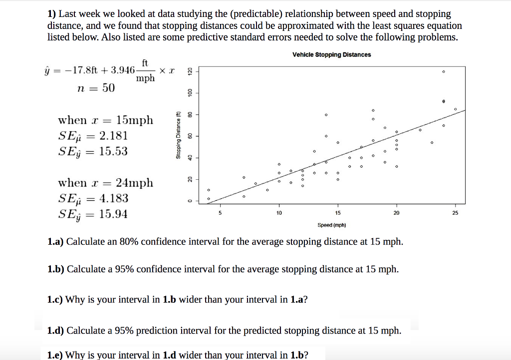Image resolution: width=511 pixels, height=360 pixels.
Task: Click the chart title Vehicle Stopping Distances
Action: click(331, 54)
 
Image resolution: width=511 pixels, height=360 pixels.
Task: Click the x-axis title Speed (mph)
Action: click(331, 225)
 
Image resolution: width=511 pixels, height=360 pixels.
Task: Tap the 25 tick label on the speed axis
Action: click(455, 213)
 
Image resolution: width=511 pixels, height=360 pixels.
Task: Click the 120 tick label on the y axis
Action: click(190, 71)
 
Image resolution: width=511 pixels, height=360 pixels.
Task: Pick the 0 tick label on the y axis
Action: click(190, 201)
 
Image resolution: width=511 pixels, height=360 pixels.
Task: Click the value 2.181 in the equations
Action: click(113, 135)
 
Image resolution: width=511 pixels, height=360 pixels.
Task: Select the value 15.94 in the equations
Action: click(113, 214)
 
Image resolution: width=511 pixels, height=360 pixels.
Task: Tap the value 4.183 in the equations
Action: click(114, 198)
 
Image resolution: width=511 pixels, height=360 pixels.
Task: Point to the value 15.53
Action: click(113, 151)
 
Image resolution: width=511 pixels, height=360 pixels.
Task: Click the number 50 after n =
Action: click(108, 88)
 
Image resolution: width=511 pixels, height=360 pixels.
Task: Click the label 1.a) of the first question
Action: click(55, 242)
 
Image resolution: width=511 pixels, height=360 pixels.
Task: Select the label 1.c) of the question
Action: click(55, 300)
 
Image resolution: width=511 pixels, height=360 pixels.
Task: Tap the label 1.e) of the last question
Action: click(55, 355)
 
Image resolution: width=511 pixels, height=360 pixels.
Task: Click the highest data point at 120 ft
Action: click(443, 72)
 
